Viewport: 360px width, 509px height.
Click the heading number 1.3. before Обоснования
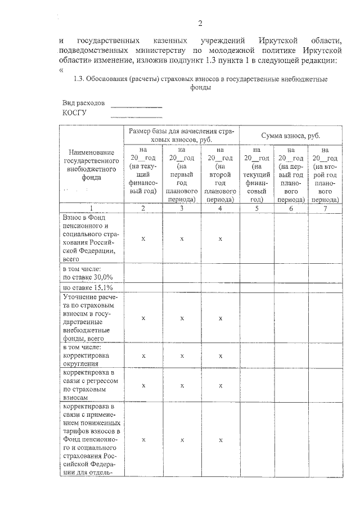[x=80, y=80]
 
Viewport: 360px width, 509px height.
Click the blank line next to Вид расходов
[x=136, y=106]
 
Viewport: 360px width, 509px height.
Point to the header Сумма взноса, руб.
[x=290, y=136]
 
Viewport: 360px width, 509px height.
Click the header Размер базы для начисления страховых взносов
[x=181, y=135]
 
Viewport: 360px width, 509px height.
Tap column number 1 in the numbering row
[x=91, y=208]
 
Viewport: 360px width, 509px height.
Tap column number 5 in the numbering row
[x=256, y=208]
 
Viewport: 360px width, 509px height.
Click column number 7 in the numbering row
[x=325, y=208]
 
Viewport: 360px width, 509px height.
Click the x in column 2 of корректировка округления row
[x=143, y=355]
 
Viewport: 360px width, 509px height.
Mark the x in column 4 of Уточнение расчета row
[x=220, y=318]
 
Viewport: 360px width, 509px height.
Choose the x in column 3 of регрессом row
[x=182, y=385]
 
